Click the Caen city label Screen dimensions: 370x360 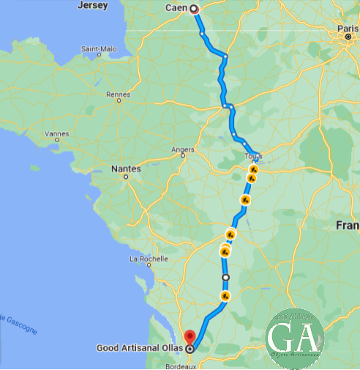(176, 9)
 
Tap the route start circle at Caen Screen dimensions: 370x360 (195, 9)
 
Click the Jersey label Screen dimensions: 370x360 (92, 5)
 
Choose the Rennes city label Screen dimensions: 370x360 (118, 94)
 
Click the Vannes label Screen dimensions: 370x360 (56, 134)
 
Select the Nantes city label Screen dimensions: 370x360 (125, 169)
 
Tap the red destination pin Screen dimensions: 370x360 (190, 338)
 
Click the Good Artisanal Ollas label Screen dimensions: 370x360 (140, 349)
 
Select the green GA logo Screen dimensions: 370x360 (294, 337)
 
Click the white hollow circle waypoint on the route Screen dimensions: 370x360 (225, 278)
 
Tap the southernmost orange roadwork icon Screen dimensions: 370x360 (225, 296)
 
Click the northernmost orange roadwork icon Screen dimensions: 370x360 (254, 169)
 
